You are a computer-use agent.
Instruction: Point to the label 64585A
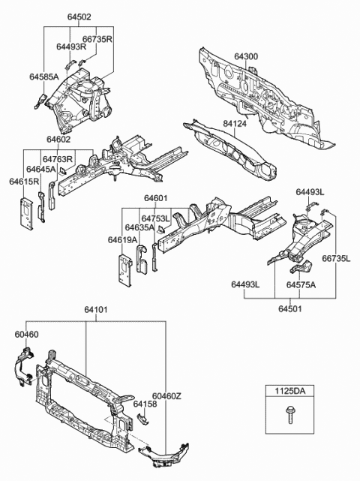[x=45, y=77]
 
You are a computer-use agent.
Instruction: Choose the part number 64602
[x=58, y=139]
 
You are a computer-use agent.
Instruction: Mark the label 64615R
[x=25, y=182]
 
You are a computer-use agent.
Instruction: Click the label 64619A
[x=122, y=240]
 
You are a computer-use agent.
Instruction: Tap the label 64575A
[x=301, y=284]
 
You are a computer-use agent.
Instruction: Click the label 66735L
[x=337, y=259]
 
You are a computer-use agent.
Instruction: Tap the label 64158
[x=145, y=404]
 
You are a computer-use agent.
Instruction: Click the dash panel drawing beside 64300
[x=270, y=98]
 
